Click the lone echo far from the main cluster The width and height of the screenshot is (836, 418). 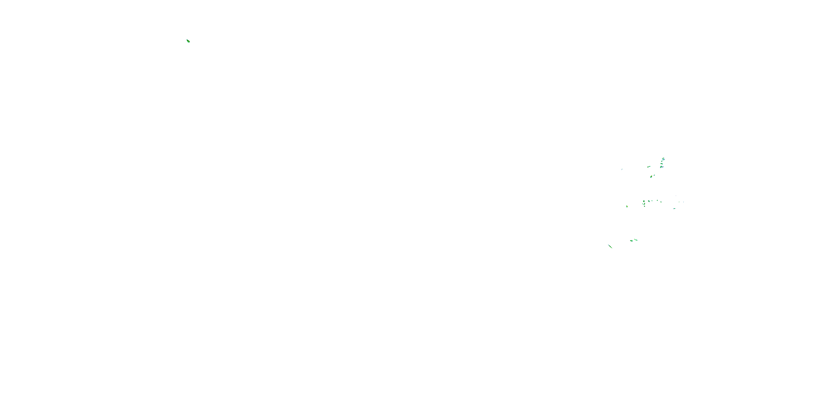188,41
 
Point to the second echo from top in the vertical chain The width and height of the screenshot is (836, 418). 662,161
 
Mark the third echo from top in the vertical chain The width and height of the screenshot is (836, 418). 662,164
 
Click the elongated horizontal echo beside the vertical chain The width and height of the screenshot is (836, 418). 649,167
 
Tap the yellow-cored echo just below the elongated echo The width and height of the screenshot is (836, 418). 651,177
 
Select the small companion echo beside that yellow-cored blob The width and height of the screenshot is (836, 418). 654,175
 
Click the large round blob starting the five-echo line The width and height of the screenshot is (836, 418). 644,201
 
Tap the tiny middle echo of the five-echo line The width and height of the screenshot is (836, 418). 652,201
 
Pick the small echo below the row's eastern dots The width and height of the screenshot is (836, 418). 674,208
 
